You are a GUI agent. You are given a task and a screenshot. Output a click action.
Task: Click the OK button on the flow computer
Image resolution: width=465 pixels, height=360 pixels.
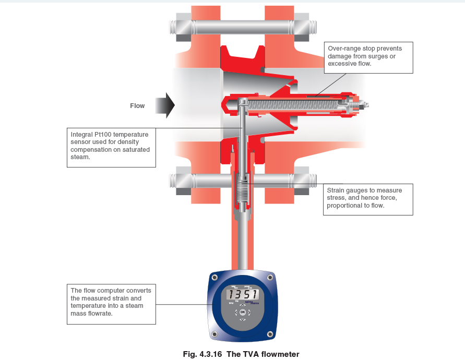click(242, 312)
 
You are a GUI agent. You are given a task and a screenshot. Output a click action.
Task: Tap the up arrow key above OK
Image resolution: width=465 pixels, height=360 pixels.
click(242, 305)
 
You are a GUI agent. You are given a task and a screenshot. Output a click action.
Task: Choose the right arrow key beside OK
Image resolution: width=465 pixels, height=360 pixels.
click(249, 313)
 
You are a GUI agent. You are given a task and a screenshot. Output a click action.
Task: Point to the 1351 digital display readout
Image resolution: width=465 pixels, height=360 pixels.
click(243, 295)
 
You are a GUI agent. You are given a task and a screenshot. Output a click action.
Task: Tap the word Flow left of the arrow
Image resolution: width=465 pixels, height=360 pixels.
click(137, 106)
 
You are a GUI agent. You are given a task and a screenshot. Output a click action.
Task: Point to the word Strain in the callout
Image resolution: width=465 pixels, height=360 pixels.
click(337, 190)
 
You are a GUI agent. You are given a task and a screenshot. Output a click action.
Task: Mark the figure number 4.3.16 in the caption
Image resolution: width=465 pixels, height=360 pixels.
click(212, 354)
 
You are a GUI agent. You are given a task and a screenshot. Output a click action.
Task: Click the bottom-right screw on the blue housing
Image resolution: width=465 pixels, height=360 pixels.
click(270, 334)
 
